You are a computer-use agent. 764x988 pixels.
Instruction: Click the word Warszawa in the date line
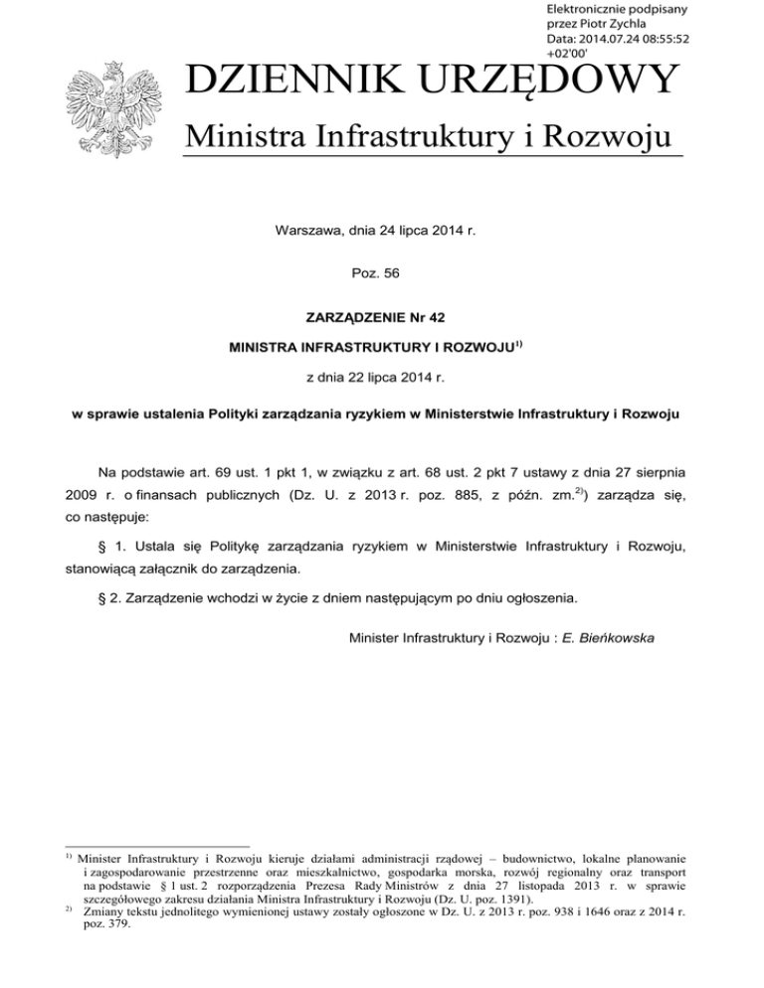click(304, 232)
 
